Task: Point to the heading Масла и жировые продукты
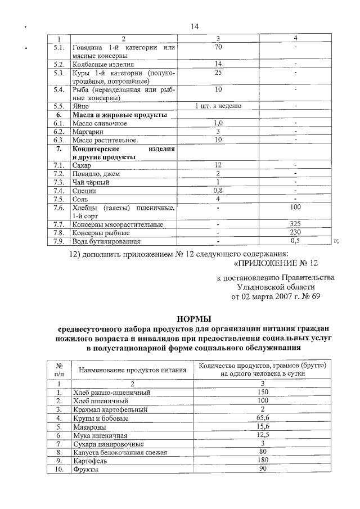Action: click(x=120, y=114)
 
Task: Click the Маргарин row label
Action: click(x=88, y=131)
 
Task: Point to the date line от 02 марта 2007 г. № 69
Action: click(x=276, y=297)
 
